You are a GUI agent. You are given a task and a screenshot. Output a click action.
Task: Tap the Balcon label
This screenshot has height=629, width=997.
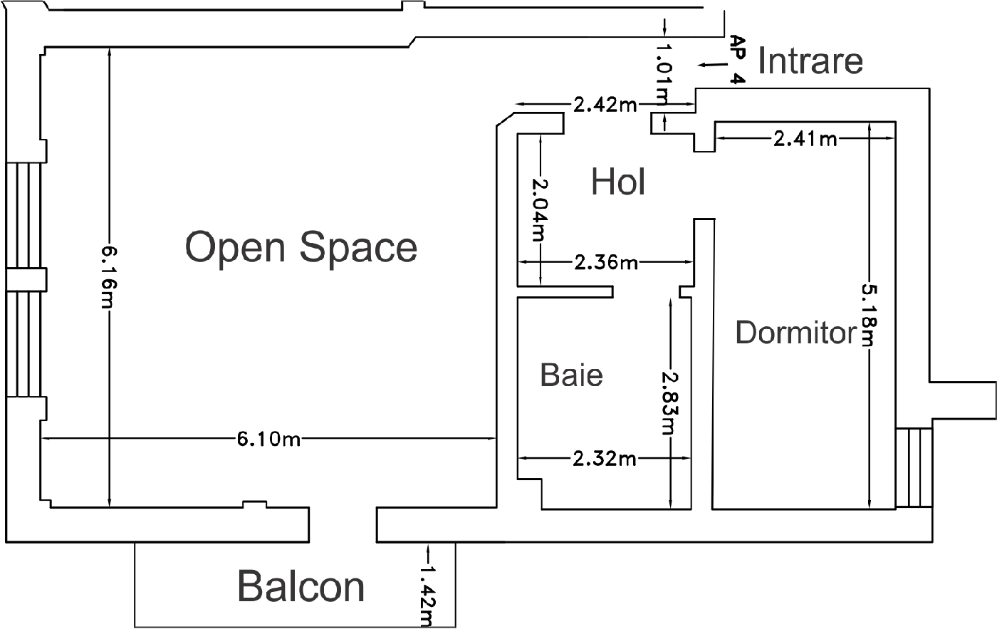pos(301,586)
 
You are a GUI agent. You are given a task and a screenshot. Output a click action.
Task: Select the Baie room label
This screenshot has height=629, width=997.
pos(571,375)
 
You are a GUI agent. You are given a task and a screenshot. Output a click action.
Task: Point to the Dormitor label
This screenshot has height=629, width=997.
pos(796,332)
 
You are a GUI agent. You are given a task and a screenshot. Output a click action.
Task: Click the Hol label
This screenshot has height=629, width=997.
pos(618,182)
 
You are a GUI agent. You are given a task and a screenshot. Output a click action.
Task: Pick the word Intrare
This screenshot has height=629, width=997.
pos(810,61)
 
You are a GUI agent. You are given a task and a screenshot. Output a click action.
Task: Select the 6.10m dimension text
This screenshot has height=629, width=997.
pos(268,440)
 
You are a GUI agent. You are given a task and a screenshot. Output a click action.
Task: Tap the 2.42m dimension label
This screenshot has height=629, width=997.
pos(605,105)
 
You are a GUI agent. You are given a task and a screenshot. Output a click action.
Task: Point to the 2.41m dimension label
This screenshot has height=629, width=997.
pos(805,139)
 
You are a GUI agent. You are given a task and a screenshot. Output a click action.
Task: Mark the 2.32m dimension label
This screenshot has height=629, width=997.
pos(604,459)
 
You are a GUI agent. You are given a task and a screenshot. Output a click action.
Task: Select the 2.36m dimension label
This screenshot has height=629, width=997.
pos(606,263)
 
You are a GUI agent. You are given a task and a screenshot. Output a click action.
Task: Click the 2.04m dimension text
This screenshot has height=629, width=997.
pos(540,209)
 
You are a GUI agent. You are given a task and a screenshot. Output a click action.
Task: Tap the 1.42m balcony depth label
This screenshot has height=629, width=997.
pos(427,596)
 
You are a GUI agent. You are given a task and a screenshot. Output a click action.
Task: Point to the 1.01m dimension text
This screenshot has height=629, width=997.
pos(664,74)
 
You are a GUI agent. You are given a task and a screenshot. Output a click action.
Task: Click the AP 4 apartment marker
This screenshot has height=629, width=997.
pos(736,60)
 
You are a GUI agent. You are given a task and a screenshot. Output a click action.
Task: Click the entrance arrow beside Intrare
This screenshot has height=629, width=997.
pos(713,65)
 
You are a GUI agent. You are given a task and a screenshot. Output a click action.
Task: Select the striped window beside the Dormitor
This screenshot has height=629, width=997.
pos(914,467)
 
